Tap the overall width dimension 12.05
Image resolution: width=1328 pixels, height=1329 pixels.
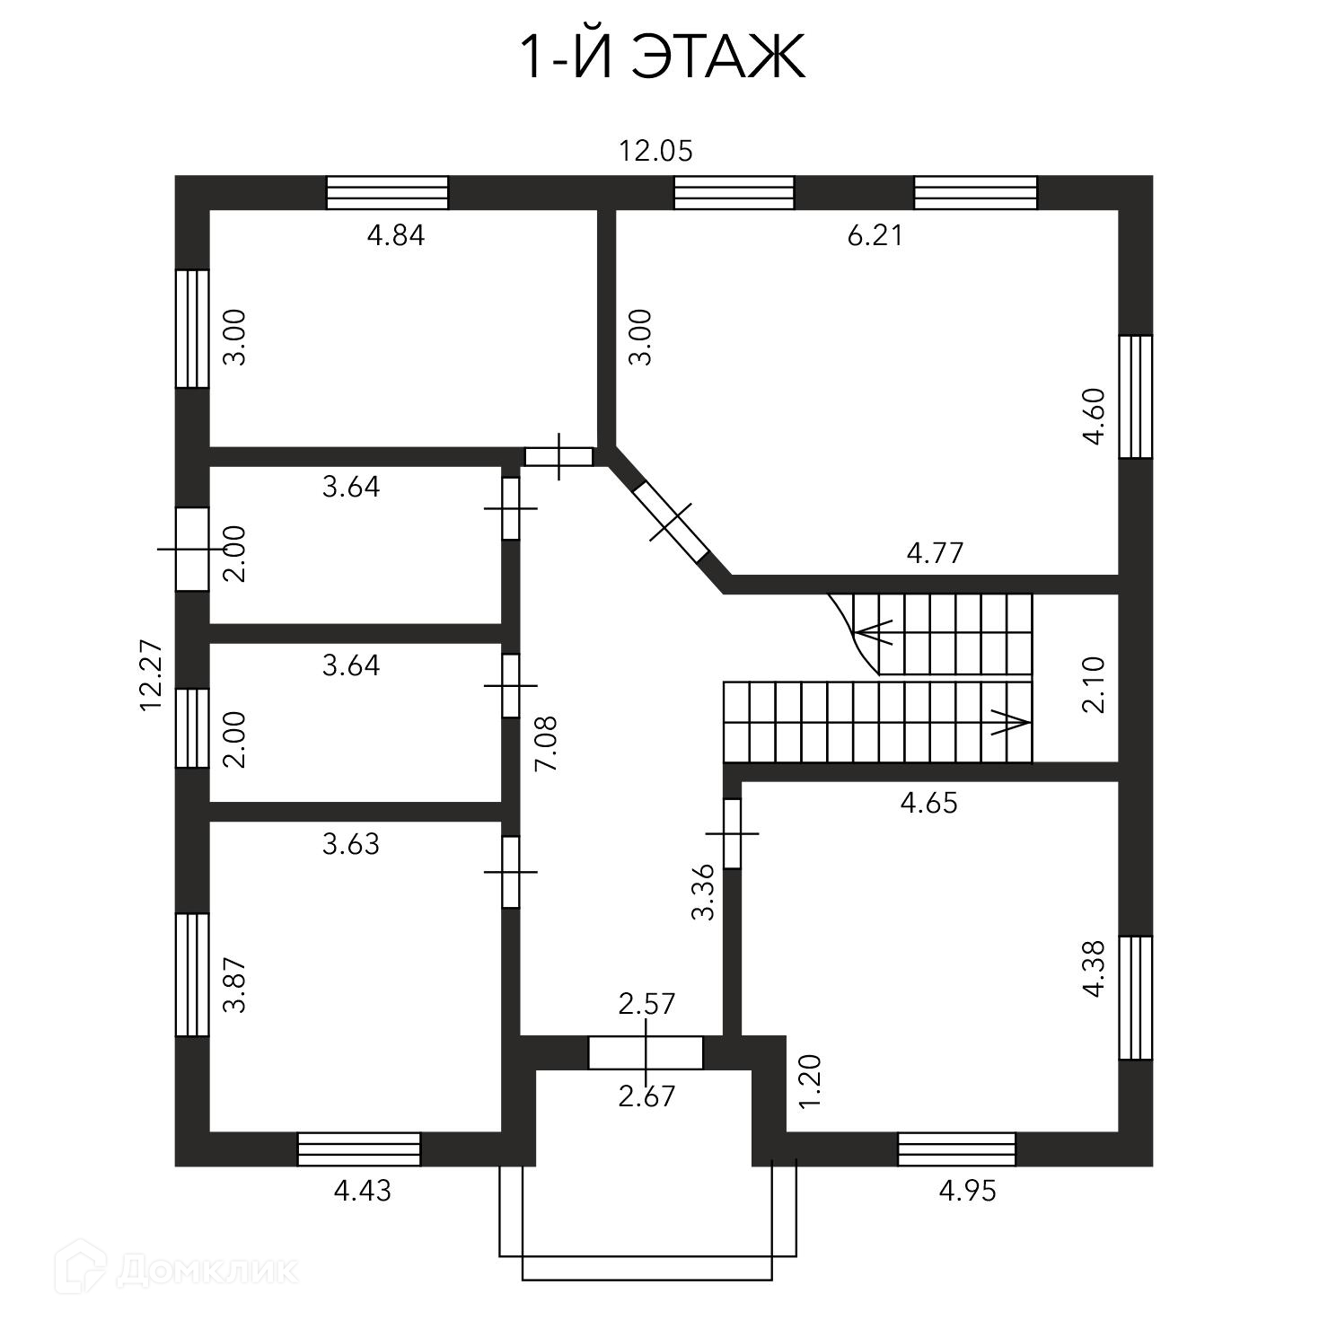pyautogui.click(x=656, y=151)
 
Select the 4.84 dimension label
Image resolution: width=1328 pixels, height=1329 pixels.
pyautogui.click(x=396, y=235)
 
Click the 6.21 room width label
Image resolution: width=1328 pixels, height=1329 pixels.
pyautogui.click(x=875, y=235)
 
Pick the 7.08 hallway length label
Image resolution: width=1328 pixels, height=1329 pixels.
pyautogui.click(x=545, y=743)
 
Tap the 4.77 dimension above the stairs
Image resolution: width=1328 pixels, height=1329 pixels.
pyautogui.click(x=935, y=552)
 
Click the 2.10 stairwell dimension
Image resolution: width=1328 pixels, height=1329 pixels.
pyautogui.click(x=1095, y=684)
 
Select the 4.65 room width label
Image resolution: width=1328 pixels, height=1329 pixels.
pyautogui.click(x=929, y=803)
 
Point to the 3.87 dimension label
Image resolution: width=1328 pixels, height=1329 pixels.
pyautogui.click(x=235, y=985)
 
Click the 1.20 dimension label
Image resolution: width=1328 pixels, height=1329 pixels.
pyautogui.click(x=810, y=1080)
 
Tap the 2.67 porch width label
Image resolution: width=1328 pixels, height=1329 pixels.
pyautogui.click(x=646, y=1096)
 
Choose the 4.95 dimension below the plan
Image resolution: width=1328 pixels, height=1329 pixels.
pyautogui.click(x=968, y=1192)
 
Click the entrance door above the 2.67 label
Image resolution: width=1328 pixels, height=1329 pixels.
pyautogui.click(x=646, y=1052)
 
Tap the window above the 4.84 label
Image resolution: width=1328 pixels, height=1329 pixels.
pyautogui.click(x=387, y=193)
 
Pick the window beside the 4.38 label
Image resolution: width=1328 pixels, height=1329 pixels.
pyautogui.click(x=1136, y=998)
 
